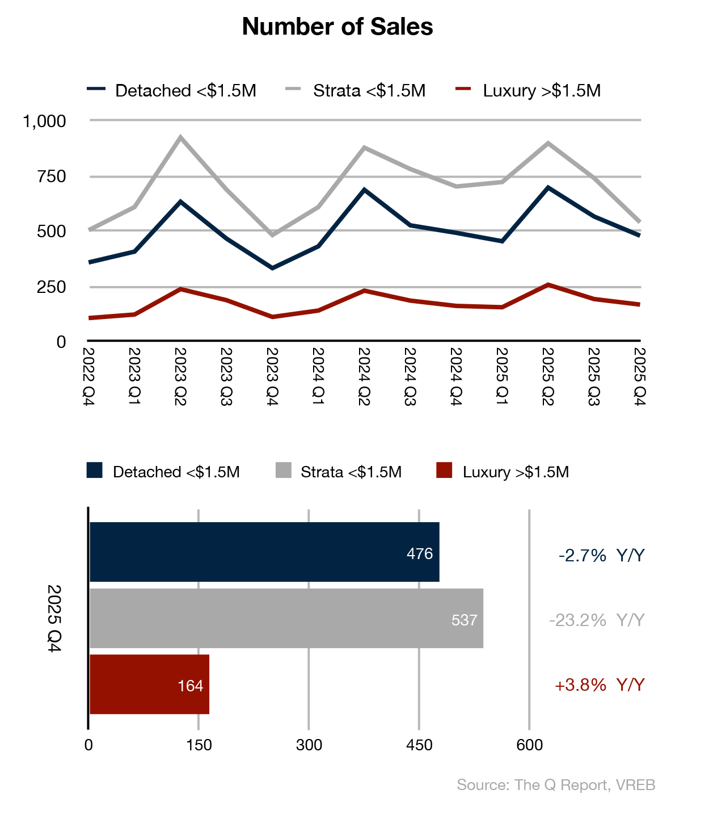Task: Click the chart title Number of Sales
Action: coord(337,27)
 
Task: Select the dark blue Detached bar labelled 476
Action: coord(264,552)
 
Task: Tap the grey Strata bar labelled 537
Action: coord(286,618)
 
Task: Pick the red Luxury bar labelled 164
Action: coord(149,684)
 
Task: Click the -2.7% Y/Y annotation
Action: coord(601,555)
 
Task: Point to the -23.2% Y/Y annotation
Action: coord(597,620)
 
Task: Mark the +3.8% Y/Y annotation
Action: coord(599,685)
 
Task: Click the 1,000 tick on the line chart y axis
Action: coord(44,121)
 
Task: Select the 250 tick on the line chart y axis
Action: coord(52,287)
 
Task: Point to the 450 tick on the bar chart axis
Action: coord(419,745)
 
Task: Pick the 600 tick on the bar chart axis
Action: coord(529,745)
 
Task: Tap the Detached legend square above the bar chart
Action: coord(94,471)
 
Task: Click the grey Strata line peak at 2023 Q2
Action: coord(180,137)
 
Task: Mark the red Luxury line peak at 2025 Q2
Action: coord(547,284)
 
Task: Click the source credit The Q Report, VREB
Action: coord(556,785)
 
